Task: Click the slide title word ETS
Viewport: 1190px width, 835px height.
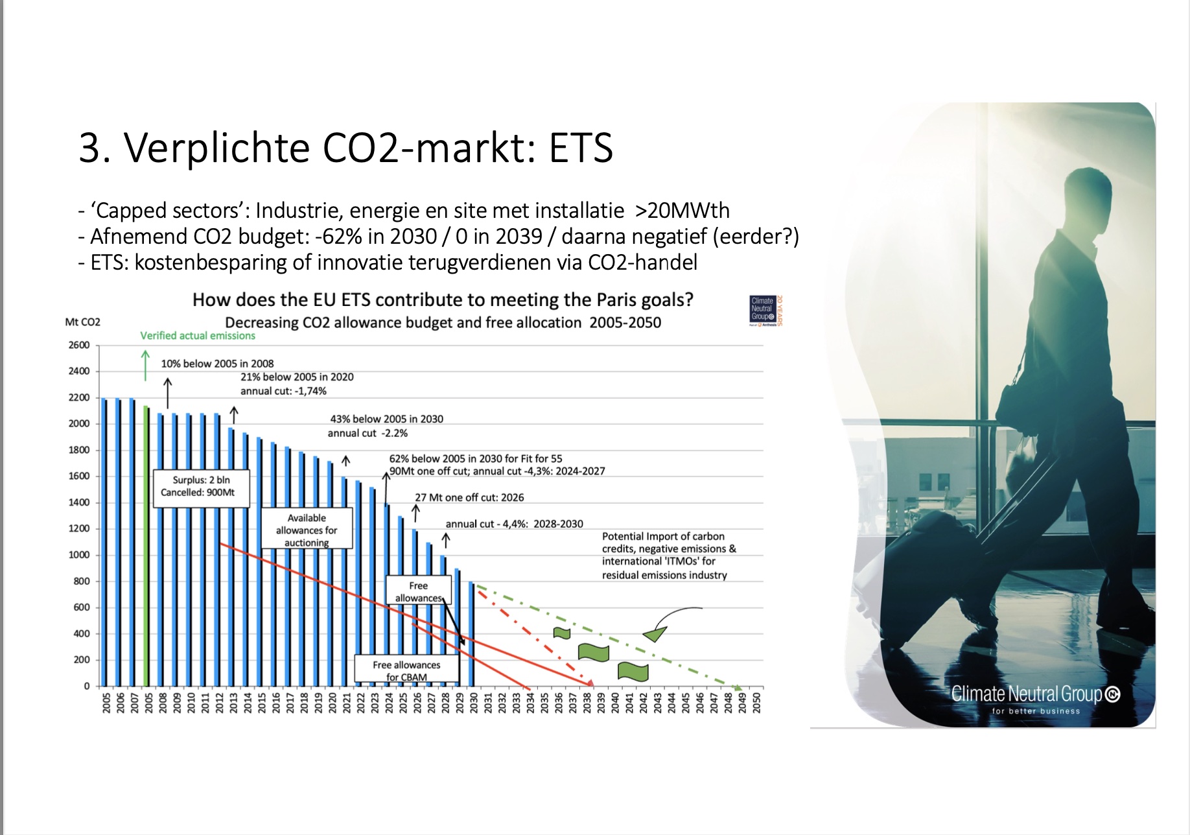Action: tap(581, 147)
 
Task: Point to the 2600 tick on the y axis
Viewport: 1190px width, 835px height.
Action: tap(79, 345)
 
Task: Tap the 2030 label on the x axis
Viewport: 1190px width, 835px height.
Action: tap(474, 702)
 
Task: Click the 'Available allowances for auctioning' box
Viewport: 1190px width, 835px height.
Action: tap(307, 528)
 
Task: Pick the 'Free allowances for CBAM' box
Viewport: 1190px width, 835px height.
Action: tap(406, 669)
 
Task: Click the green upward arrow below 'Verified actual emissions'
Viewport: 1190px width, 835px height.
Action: tap(145, 366)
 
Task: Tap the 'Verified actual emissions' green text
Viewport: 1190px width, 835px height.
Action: tap(198, 336)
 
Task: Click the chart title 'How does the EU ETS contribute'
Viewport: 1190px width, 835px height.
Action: tap(443, 300)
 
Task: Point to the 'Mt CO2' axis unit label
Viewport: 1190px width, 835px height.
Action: tap(83, 322)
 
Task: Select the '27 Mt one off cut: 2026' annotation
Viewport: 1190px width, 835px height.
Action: tap(469, 497)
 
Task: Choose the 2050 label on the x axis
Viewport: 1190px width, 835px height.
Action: tap(756, 702)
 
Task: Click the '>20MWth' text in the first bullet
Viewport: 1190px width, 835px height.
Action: tap(682, 211)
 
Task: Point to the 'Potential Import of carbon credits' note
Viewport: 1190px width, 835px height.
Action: tap(669, 556)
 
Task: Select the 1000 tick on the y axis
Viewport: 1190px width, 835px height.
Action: tap(79, 555)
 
